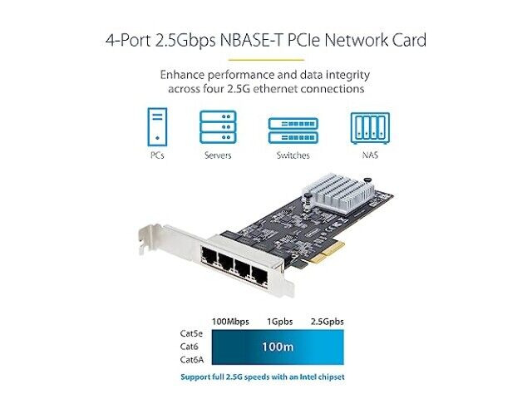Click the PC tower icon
tap(157, 127)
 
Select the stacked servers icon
tap(218, 127)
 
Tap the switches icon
tap(293, 131)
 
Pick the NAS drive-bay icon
tap(370, 128)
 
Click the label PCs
tap(157, 155)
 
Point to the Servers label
tap(218, 155)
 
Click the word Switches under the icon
tap(293, 155)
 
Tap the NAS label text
tap(370, 155)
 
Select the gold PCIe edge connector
tap(327, 253)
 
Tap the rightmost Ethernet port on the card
tap(259, 275)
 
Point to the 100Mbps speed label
tap(230, 322)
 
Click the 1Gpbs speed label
tap(279, 322)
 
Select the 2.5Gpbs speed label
tap(327, 322)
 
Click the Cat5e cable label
tap(191, 333)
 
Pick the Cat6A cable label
tap(192, 360)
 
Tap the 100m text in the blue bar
tap(278, 347)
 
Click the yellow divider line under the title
tap(266, 60)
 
